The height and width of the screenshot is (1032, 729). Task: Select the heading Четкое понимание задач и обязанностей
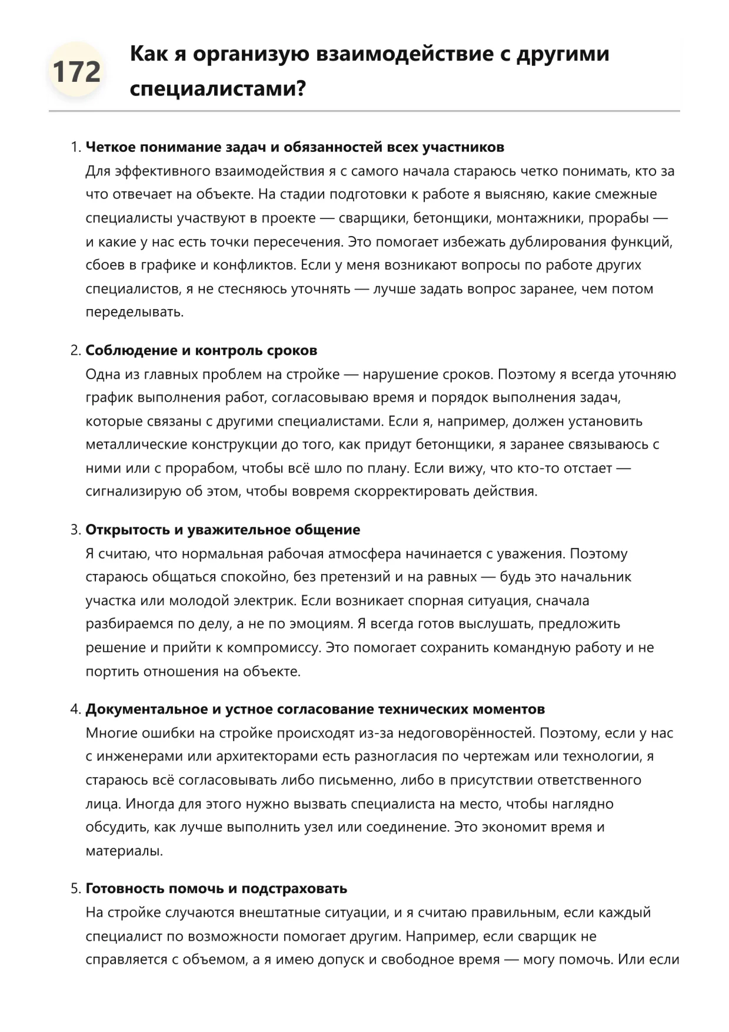(295, 147)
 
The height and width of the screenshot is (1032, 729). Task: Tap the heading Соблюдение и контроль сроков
(201, 350)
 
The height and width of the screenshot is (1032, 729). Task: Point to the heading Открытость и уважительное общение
(222, 529)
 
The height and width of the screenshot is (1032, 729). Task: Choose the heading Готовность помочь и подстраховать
(216, 888)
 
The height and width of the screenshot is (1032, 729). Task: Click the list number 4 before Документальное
(75, 709)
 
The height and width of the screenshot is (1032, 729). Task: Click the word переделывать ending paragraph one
(134, 312)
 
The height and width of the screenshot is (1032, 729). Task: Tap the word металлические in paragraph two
(134, 444)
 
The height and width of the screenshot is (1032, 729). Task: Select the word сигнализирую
(134, 492)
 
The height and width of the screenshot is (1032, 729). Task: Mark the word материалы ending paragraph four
(124, 851)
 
